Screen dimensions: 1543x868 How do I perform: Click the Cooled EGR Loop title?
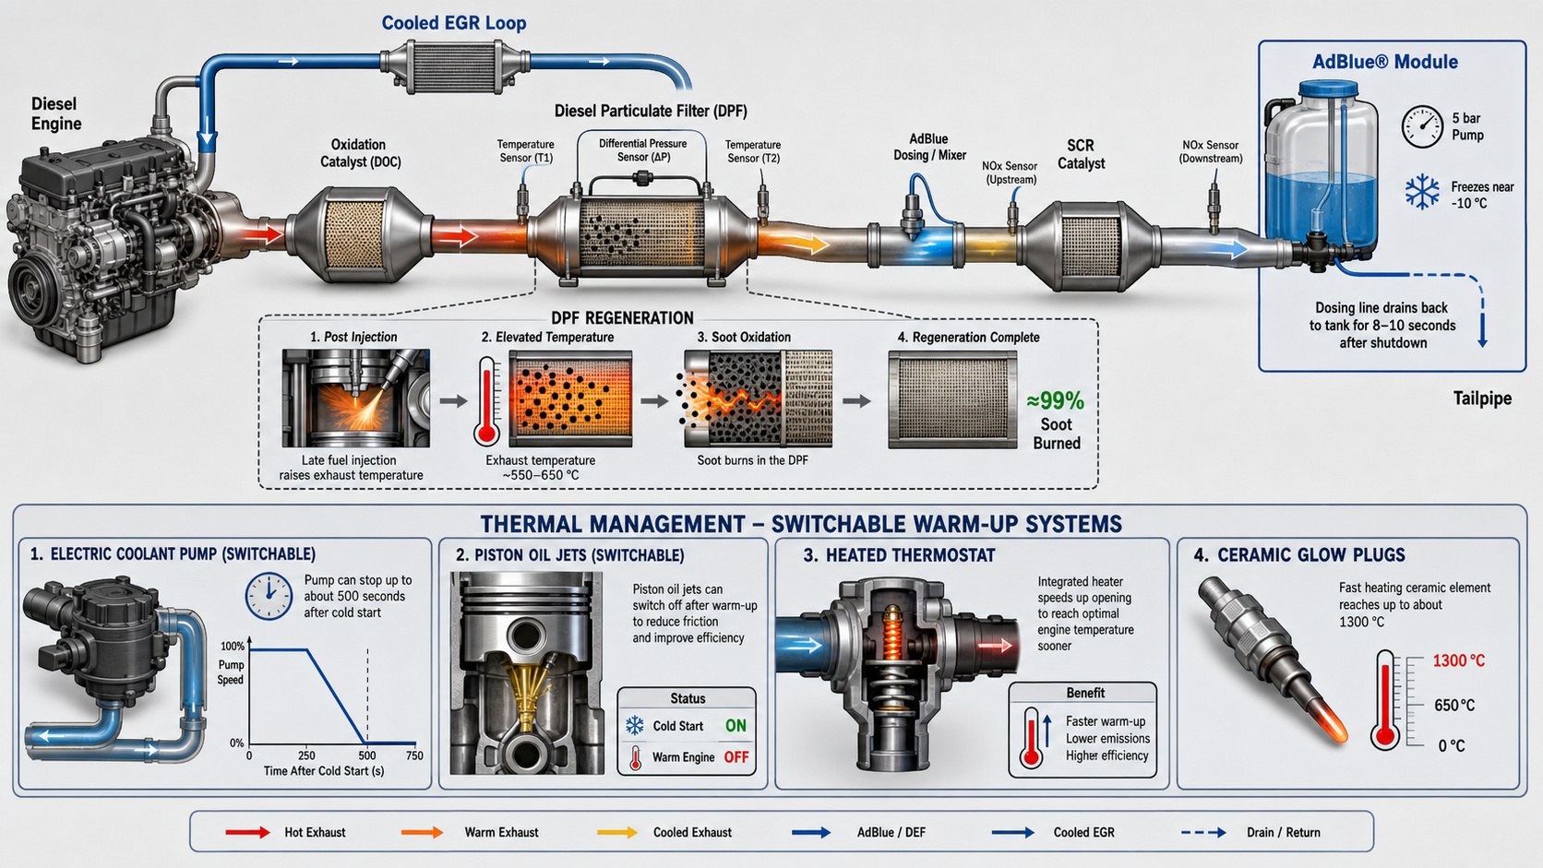(x=454, y=23)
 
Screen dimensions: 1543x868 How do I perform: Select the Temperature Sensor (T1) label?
(x=526, y=150)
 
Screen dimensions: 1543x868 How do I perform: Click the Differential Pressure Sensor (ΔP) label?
(x=642, y=150)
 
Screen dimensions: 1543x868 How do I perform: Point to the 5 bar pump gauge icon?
(x=1422, y=126)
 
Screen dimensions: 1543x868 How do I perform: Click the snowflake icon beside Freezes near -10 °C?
(x=1422, y=192)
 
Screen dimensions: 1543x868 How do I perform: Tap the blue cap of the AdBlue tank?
(x=1328, y=89)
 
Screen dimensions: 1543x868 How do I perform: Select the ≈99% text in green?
(x=1056, y=400)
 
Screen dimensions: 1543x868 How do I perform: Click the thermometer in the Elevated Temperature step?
(x=487, y=401)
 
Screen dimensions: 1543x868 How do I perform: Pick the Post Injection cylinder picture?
(x=355, y=398)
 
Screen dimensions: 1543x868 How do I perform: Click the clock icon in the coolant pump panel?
(x=269, y=596)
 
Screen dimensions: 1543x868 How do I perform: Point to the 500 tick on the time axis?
(x=367, y=755)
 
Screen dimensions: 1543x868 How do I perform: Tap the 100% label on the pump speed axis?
(x=233, y=647)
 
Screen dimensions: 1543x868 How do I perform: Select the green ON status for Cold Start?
(x=736, y=726)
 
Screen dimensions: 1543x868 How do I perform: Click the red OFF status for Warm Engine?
(x=736, y=757)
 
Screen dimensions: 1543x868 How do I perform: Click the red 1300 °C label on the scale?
(x=1458, y=660)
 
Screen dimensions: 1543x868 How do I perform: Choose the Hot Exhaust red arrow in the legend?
(x=247, y=832)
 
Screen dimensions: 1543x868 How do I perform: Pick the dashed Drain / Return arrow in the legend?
(x=1203, y=832)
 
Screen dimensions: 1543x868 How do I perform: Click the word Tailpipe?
(x=1482, y=398)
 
